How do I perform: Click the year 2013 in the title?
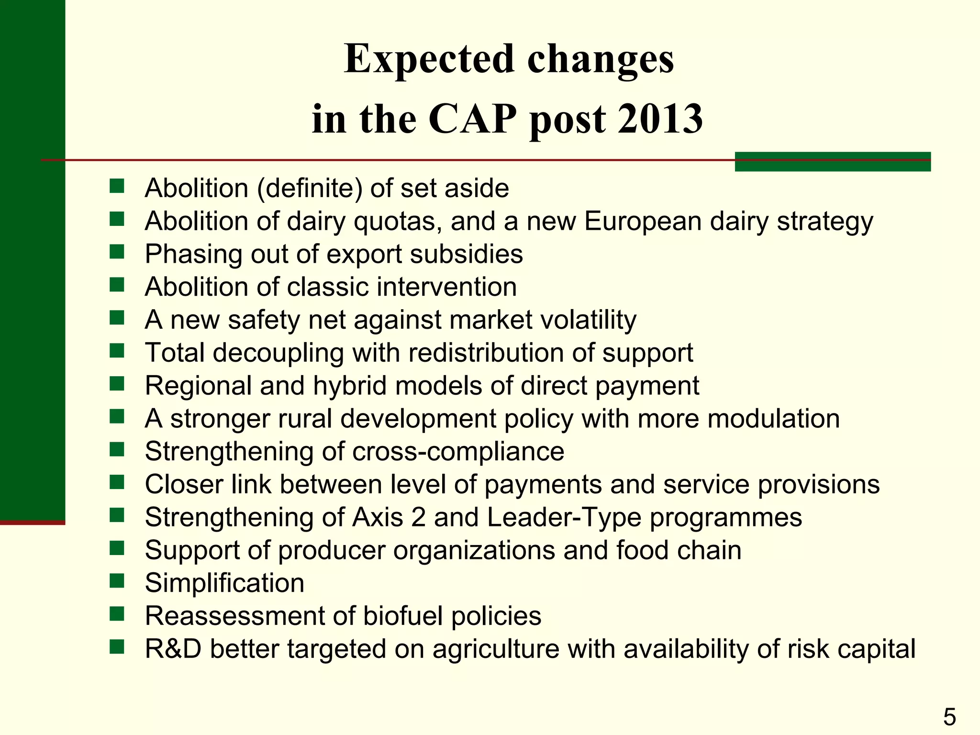660,118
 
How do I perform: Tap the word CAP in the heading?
473,118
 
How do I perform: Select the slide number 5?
949,717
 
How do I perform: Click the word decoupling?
278,353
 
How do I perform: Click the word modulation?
773,419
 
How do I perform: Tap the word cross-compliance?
458,451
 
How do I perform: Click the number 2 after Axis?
418,517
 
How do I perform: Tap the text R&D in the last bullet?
173,649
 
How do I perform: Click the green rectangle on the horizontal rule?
832,162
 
